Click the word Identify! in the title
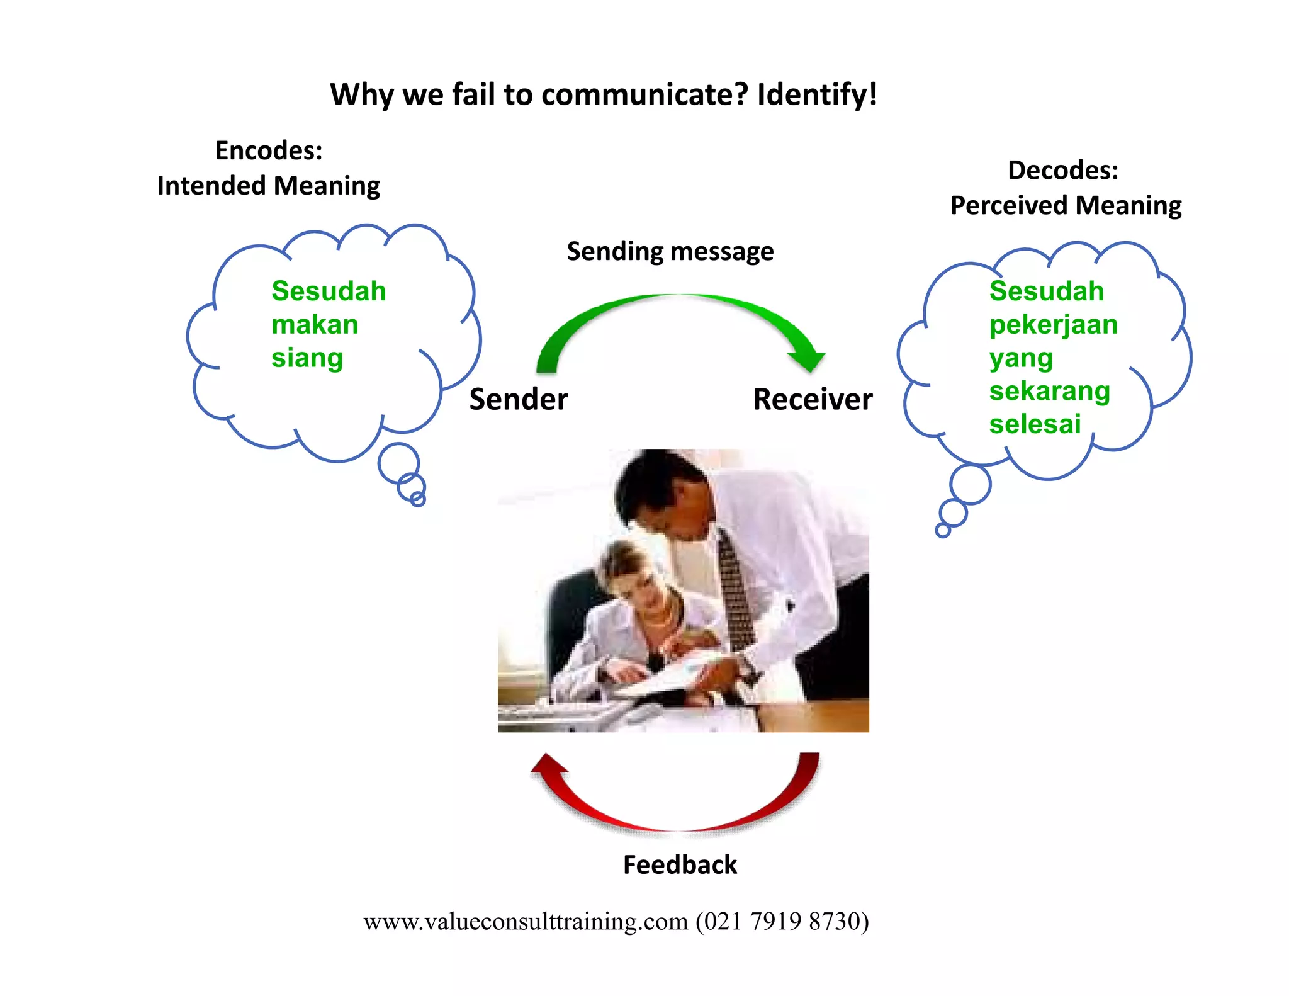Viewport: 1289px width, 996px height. tap(816, 95)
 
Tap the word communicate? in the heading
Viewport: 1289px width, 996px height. tap(644, 95)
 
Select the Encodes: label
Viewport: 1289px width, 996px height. tap(269, 150)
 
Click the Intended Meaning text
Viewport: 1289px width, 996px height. tap(269, 186)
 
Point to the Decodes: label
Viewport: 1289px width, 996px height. tap(1063, 170)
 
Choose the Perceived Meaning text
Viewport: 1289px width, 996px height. tap(1066, 205)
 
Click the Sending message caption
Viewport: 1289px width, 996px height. tap(670, 251)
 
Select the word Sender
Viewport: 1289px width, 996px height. tap(519, 399)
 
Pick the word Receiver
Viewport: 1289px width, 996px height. tap(813, 399)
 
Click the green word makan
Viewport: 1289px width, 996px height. tap(315, 325)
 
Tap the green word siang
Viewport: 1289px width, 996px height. tap(307, 358)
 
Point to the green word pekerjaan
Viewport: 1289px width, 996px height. tap(1053, 325)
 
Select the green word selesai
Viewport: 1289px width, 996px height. tap(1035, 424)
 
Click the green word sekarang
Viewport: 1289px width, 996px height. tap(1049, 391)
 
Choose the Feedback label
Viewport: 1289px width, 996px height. tap(680, 865)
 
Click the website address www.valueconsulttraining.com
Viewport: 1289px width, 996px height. tap(526, 921)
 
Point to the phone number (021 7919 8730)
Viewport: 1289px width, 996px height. tap(782, 921)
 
